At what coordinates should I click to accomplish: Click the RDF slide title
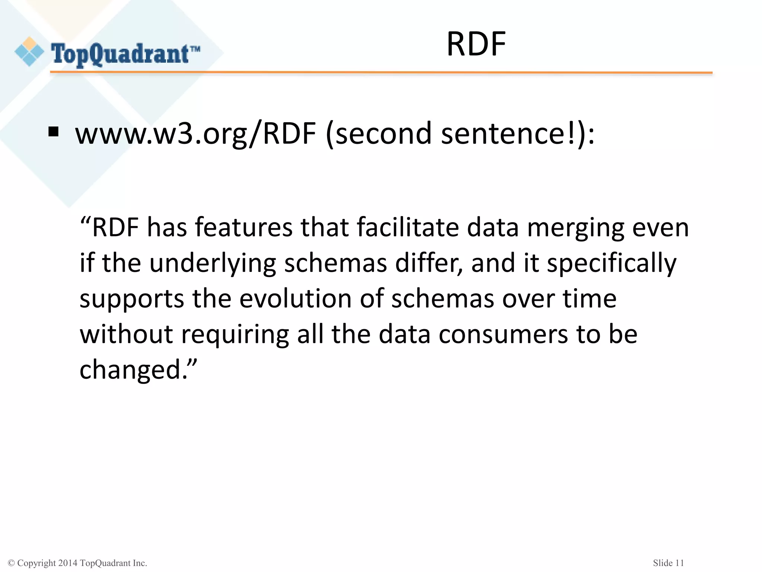coord(476,44)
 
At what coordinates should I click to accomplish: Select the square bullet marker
coord(54,132)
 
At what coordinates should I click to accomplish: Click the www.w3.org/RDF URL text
coord(196,134)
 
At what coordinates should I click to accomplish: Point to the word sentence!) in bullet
coord(518,134)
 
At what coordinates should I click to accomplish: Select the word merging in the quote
coord(576,228)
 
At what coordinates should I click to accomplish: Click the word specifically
coord(611,263)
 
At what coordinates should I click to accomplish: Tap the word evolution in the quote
coord(295,299)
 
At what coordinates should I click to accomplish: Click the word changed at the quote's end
coord(130,370)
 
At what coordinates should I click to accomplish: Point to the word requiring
coord(235,334)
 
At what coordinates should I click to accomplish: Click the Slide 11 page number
coord(668,563)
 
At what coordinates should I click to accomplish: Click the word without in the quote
coord(127,334)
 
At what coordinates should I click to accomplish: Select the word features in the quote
coord(244,228)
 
